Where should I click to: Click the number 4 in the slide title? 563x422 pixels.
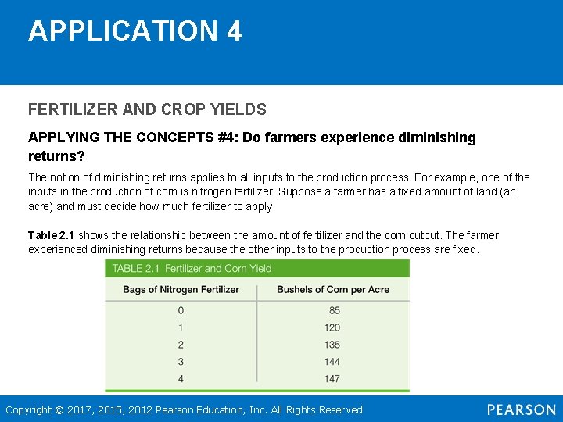(x=234, y=31)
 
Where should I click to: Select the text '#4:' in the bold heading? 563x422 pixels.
(x=228, y=138)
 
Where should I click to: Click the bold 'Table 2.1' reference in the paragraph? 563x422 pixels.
(x=52, y=235)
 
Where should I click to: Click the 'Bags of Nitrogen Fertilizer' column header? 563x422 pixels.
(x=181, y=289)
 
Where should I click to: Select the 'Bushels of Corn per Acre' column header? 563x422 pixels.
(x=333, y=289)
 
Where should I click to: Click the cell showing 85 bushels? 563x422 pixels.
(x=335, y=310)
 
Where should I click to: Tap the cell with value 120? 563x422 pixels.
(x=332, y=327)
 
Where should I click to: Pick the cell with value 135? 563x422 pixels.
(x=332, y=345)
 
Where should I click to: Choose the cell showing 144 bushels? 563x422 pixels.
(x=332, y=362)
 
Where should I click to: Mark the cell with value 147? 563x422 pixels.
(x=332, y=379)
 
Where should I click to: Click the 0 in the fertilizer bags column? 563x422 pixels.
(x=181, y=310)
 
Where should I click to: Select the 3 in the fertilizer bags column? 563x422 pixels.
(x=181, y=362)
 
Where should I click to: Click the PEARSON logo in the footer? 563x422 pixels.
(x=521, y=409)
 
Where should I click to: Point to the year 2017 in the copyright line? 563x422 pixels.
(x=81, y=409)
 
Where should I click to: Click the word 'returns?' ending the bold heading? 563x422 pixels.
(x=56, y=156)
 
